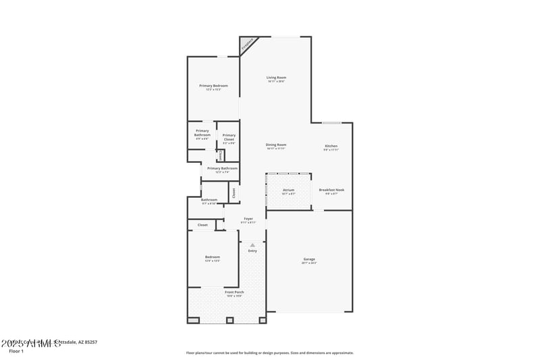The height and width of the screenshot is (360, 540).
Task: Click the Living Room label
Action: [275, 78]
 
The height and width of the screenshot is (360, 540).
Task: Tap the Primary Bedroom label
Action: [213, 86]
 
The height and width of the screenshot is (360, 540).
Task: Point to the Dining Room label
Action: [275, 145]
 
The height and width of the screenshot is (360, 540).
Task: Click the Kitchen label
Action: [331, 146]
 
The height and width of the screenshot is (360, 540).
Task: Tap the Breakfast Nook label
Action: [331, 190]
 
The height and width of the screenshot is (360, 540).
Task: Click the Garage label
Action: [309, 259]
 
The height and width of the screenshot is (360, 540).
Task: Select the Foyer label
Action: [248, 219]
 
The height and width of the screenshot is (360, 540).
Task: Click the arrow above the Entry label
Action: [252, 245]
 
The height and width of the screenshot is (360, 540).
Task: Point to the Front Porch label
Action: [235, 292]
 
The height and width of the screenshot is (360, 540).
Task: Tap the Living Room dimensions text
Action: [275, 82]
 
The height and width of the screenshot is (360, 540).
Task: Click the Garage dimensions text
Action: [309, 263]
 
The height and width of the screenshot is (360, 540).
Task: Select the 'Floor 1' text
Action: [16, 351]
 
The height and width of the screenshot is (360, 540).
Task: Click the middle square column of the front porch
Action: [229, 319]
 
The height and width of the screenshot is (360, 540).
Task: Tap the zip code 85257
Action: [89, 342]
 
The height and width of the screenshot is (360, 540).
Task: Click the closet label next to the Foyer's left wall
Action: [202, 225]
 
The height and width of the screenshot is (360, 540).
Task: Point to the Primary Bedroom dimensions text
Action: [213, 90]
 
